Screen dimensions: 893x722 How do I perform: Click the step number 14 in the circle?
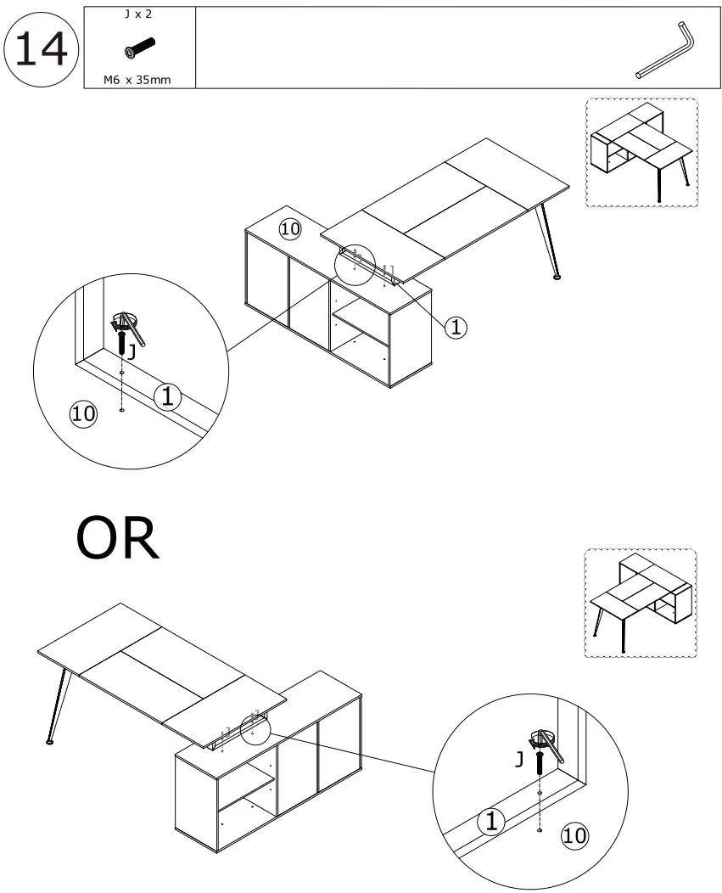(42, 48)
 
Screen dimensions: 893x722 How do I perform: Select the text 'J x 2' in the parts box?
(139, 15)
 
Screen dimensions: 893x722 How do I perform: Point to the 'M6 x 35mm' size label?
(139, 80)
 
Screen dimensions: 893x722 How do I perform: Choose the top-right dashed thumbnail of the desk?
(641, 153)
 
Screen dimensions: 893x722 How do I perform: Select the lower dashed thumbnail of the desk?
(641, 604)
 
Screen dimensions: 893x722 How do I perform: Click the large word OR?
(117, 539)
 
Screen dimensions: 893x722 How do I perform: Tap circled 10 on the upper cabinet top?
(290, 228)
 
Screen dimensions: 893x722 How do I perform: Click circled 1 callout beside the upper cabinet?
(456, 326)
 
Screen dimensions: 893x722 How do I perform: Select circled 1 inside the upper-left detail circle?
(168, 396)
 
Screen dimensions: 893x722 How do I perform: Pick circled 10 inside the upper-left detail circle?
(82, 413)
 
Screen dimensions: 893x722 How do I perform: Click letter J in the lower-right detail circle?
(518, 760)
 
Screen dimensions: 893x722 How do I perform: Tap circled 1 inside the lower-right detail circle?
(490, 820)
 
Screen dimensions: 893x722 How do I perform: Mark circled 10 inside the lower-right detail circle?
(574, 835)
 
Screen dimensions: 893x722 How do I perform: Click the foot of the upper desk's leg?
(557, 276)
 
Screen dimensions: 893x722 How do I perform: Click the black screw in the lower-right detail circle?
(540, 761)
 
